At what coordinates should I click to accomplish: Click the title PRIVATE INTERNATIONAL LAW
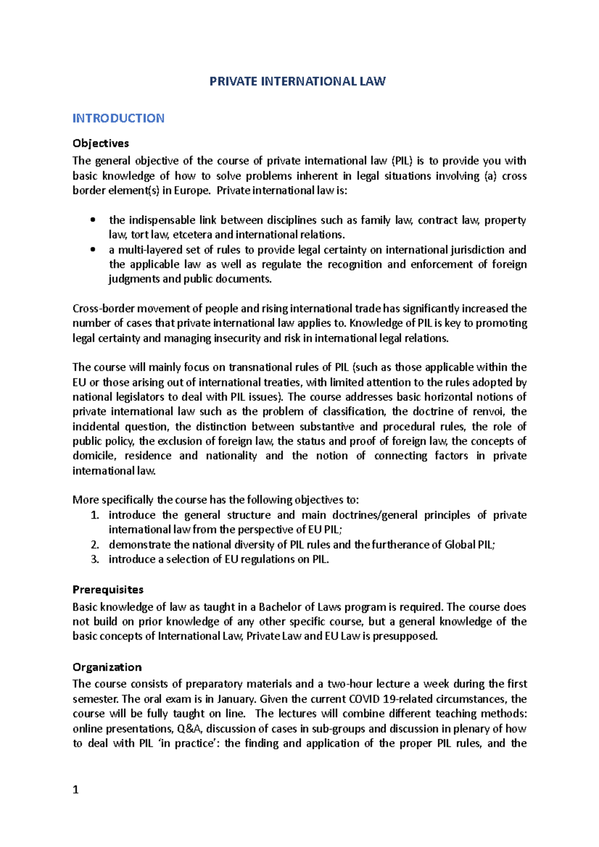point(298,81)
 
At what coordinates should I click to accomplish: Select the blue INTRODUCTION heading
point(118,118)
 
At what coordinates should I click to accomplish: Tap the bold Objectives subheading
point(100,143)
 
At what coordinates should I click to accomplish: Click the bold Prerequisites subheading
point(108,590)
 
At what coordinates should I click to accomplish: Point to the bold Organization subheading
point(107,667)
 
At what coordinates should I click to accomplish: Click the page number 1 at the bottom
point(76,790)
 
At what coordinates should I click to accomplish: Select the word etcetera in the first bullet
point(192,235)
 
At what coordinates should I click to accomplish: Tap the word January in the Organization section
point(235,699)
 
